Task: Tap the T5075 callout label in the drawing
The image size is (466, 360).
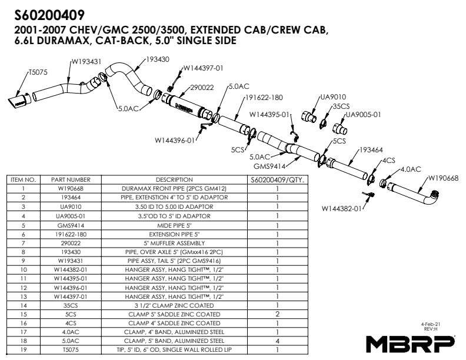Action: click(x=39, y=72)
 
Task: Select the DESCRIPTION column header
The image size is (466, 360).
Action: click(x=174, y=179)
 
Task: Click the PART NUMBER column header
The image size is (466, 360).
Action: click(x=71, y=179)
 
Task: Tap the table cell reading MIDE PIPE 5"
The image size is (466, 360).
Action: click(x=174, y=225)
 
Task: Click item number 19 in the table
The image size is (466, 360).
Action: click(x=24, y=350)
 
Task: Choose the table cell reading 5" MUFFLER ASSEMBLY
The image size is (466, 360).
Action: click(x=174, y=242)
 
